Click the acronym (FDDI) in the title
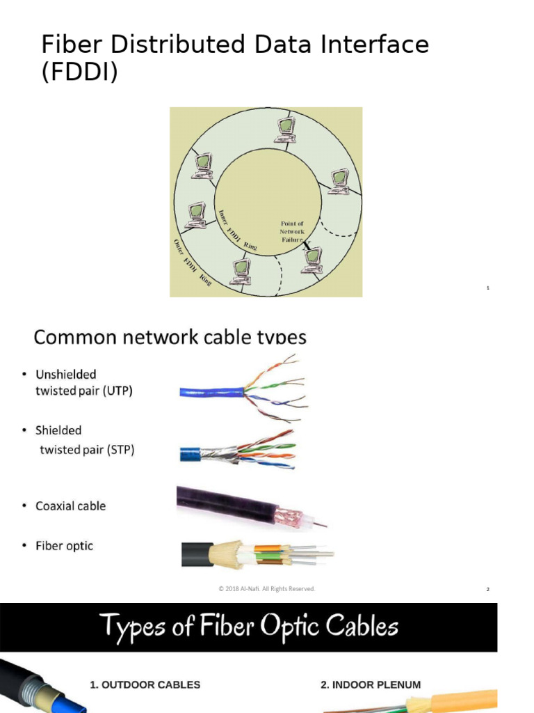(79, 72)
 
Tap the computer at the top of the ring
(285, 130)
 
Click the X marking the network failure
(307, 244)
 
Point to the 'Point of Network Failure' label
(292, 231)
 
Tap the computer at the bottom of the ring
(241, 271)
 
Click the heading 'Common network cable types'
(170, 337)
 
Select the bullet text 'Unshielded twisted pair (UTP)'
(83, 383)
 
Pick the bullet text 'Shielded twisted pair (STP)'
(85, 440)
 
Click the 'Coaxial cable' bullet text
(71, 506)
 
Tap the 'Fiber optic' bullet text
(64, 546)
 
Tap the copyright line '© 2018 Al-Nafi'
(266, 589)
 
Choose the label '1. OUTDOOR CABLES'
(145, 684)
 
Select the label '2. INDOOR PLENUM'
(370, 684)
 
